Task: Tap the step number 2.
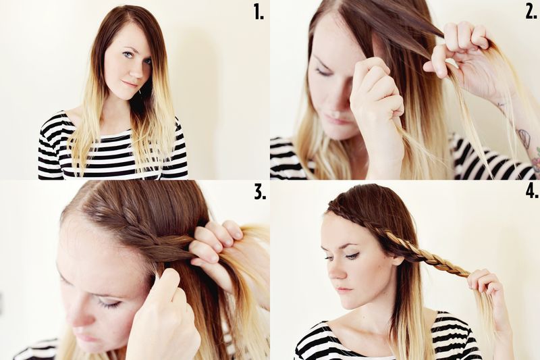pos(531,11)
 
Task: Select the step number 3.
pos(260,192)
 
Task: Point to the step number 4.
pos(532,192)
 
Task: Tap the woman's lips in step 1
pos(130,84)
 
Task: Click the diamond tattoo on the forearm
pos(523,136)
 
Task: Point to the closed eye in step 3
pos(109,303)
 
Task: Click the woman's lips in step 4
pos(344,290)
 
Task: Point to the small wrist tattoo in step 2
pos(502,104)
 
